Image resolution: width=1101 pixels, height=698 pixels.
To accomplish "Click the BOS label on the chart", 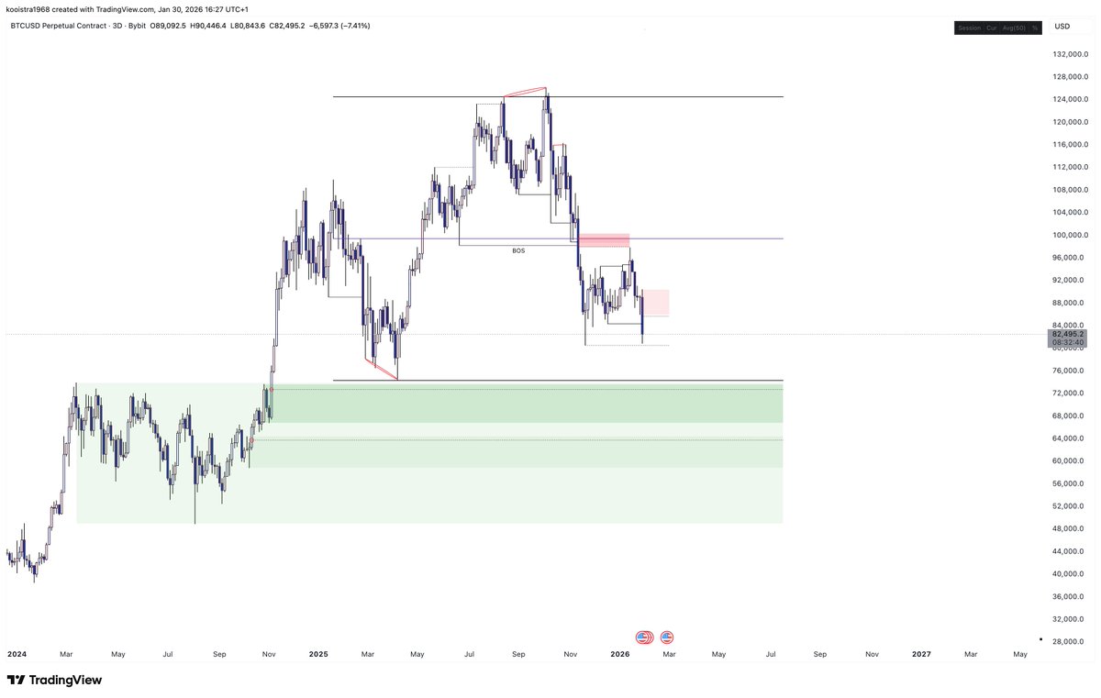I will click(x=518, y=250).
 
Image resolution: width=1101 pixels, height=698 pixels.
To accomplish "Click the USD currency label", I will click(x=1062, y=27).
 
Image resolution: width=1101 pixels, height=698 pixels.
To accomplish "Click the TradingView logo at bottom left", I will click(x=55, y=681).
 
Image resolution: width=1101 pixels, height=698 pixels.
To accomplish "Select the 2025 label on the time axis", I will click(x=318, y=654).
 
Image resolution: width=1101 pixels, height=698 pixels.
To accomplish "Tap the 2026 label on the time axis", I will click(x=620, y=654).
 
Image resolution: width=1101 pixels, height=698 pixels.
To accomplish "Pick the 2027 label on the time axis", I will click(x=921, y=654).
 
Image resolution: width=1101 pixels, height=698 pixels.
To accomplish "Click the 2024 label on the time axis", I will click(x=17, y=654).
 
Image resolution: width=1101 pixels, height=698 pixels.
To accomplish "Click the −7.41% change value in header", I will click(x=353, y=27).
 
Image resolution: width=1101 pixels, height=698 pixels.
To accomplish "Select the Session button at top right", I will click(x=969, y=28).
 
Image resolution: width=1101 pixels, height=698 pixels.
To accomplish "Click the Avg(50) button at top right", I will click(x=1014, y=28).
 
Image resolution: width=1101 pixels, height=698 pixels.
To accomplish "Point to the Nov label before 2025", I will click(x=269, y=654).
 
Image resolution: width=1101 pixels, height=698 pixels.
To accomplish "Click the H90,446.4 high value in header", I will click(x=215, y=27).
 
